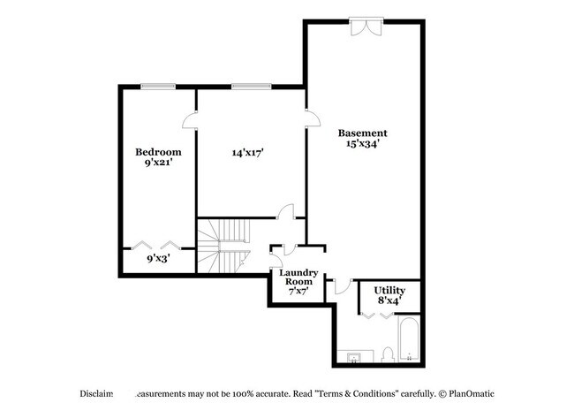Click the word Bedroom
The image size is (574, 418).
point(157,151)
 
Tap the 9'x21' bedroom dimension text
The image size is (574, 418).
point(157,163)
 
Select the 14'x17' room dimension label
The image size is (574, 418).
point(249,152)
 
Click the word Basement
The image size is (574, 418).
point(362,133)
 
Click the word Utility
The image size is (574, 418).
point(389,290)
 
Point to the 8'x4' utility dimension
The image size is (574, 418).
point(389,300)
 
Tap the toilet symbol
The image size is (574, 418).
point(388,355)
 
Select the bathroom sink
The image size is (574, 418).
point(354,357)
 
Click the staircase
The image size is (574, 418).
point(223,247)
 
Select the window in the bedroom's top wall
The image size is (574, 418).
point(157,86)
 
